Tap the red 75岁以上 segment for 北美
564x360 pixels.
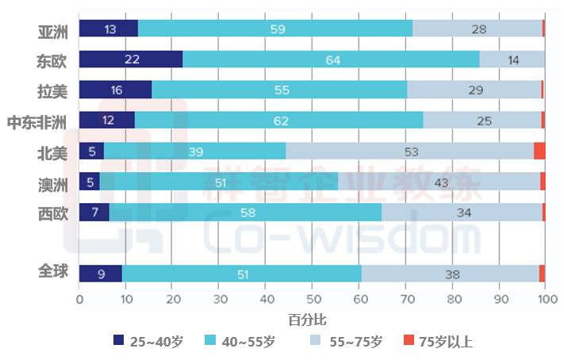coord(539,151)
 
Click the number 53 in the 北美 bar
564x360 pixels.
coord(410,151)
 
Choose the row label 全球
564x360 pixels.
coord(53,272)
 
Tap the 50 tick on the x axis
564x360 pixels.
coord(312,300)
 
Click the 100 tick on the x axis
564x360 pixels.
coord(545,300)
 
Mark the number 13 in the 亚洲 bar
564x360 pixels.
coord(110,29)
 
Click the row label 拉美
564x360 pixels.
coord(53,90)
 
